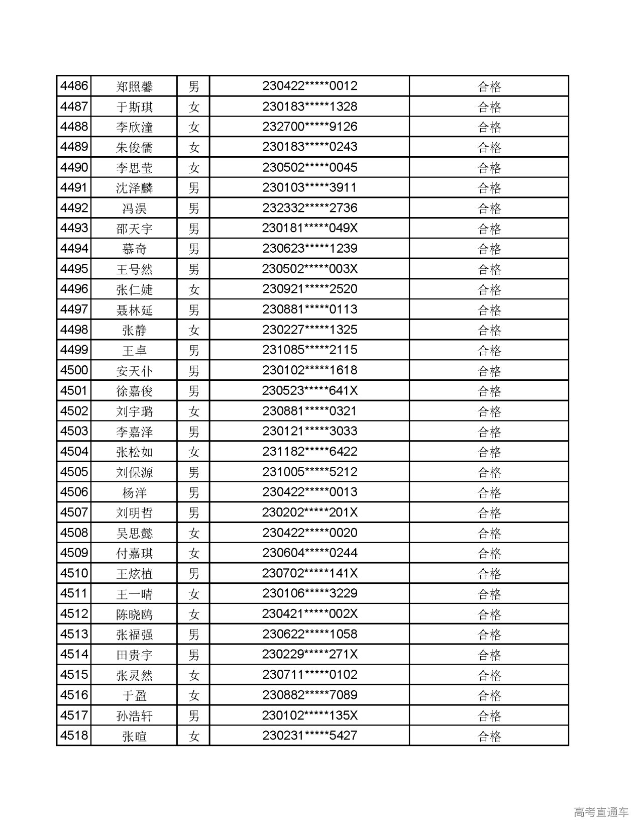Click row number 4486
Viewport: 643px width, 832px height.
coord(74,86)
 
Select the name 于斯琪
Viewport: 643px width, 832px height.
coord(134,107)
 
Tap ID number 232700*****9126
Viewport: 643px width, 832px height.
coord(309,127)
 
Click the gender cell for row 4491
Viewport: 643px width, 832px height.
coord(193,188)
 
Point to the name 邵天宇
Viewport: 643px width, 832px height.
coord(134,229)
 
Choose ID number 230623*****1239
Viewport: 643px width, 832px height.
coord(309,249)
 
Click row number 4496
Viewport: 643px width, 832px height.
coord(74,289)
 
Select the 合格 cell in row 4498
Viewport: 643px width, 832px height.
coord(489,330)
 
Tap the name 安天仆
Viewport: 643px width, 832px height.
coord(134,371)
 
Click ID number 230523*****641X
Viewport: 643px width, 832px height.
coord(309,391)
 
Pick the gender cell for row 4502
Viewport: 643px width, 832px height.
coord(193,411)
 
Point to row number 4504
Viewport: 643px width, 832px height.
coord(74,452)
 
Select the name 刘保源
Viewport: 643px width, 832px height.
coord(134,472)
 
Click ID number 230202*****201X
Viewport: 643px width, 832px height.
coord(309,513)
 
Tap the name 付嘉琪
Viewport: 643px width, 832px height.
coord(134,553)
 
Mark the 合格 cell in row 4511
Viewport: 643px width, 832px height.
coord(489,594)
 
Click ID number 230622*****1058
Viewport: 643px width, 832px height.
coord(309,635)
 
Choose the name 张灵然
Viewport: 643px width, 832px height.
coord(134,675)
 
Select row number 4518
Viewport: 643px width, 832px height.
coord(74,736)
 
